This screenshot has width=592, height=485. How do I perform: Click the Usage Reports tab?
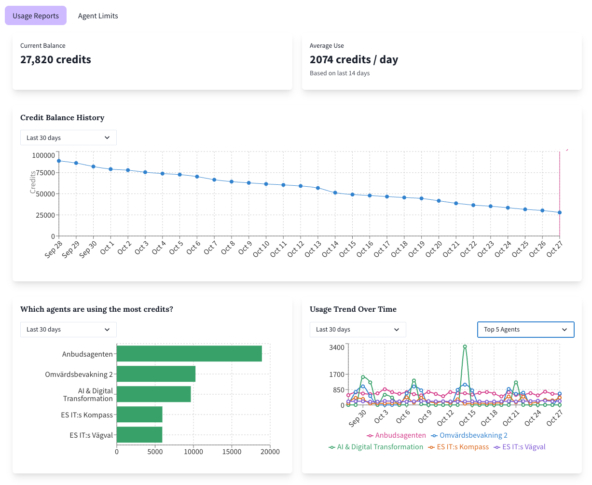coord(36,16)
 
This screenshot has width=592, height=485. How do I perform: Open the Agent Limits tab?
coord(98,16)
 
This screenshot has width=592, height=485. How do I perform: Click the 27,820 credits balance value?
coord(55,59)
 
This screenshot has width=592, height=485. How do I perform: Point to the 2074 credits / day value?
coord(354,59)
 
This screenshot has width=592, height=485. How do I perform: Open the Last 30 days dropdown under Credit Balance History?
coord(68,138)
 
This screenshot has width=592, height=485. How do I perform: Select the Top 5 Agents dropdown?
coord(525,330)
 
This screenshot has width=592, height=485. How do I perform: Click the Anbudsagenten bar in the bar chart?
coord(189,354)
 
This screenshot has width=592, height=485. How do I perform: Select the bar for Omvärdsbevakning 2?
coord(156,374)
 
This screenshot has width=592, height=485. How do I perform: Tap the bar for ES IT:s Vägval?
coord(139,435)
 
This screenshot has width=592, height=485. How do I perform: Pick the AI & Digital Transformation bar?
coord(153,394)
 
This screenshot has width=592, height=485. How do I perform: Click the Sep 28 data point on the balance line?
coord(59,161)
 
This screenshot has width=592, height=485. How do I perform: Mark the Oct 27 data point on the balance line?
coord(560,212)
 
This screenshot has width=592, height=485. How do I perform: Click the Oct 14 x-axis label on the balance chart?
coord(331,249)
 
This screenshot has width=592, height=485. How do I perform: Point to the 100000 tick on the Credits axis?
coord(43,155)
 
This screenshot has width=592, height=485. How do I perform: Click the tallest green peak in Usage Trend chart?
coord(465,346)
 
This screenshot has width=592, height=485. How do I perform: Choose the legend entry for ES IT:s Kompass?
coord(458,447)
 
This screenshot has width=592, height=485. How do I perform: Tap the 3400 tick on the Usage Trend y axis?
coord(336,347)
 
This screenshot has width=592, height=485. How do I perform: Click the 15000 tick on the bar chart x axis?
coord(232,452)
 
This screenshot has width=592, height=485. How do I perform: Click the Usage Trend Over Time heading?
coord(353,309)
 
